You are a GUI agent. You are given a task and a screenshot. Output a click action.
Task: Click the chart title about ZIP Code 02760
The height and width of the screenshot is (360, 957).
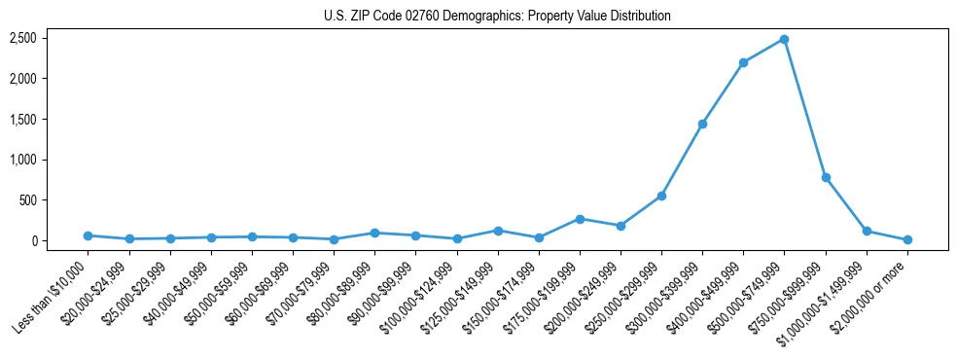[x=497, y=16]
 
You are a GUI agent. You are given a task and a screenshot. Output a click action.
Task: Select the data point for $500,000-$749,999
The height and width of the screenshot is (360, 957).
[x=784, y=40]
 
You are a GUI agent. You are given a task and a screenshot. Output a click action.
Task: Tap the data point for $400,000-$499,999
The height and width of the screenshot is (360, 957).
[x=743, y=62]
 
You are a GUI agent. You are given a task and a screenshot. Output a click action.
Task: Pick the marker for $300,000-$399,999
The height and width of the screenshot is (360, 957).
[x=702, y=124]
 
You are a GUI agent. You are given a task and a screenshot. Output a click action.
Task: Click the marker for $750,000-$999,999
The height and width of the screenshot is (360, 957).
[x=826, y=177]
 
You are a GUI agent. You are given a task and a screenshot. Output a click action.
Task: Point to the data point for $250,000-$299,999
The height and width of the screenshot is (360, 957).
[x=661, y=196]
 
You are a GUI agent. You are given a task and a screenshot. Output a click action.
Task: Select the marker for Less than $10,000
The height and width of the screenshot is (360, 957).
[x=89, y=235]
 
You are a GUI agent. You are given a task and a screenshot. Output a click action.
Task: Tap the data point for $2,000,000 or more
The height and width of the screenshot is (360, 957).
[x=907, y=239]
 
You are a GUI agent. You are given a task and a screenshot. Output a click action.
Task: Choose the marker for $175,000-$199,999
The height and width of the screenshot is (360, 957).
[x=580, y=219]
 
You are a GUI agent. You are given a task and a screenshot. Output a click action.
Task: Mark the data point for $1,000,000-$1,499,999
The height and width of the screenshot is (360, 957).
[x=867, y=232]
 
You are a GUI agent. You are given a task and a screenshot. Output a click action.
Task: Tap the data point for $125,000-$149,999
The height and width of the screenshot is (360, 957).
[x=498, y=231]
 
